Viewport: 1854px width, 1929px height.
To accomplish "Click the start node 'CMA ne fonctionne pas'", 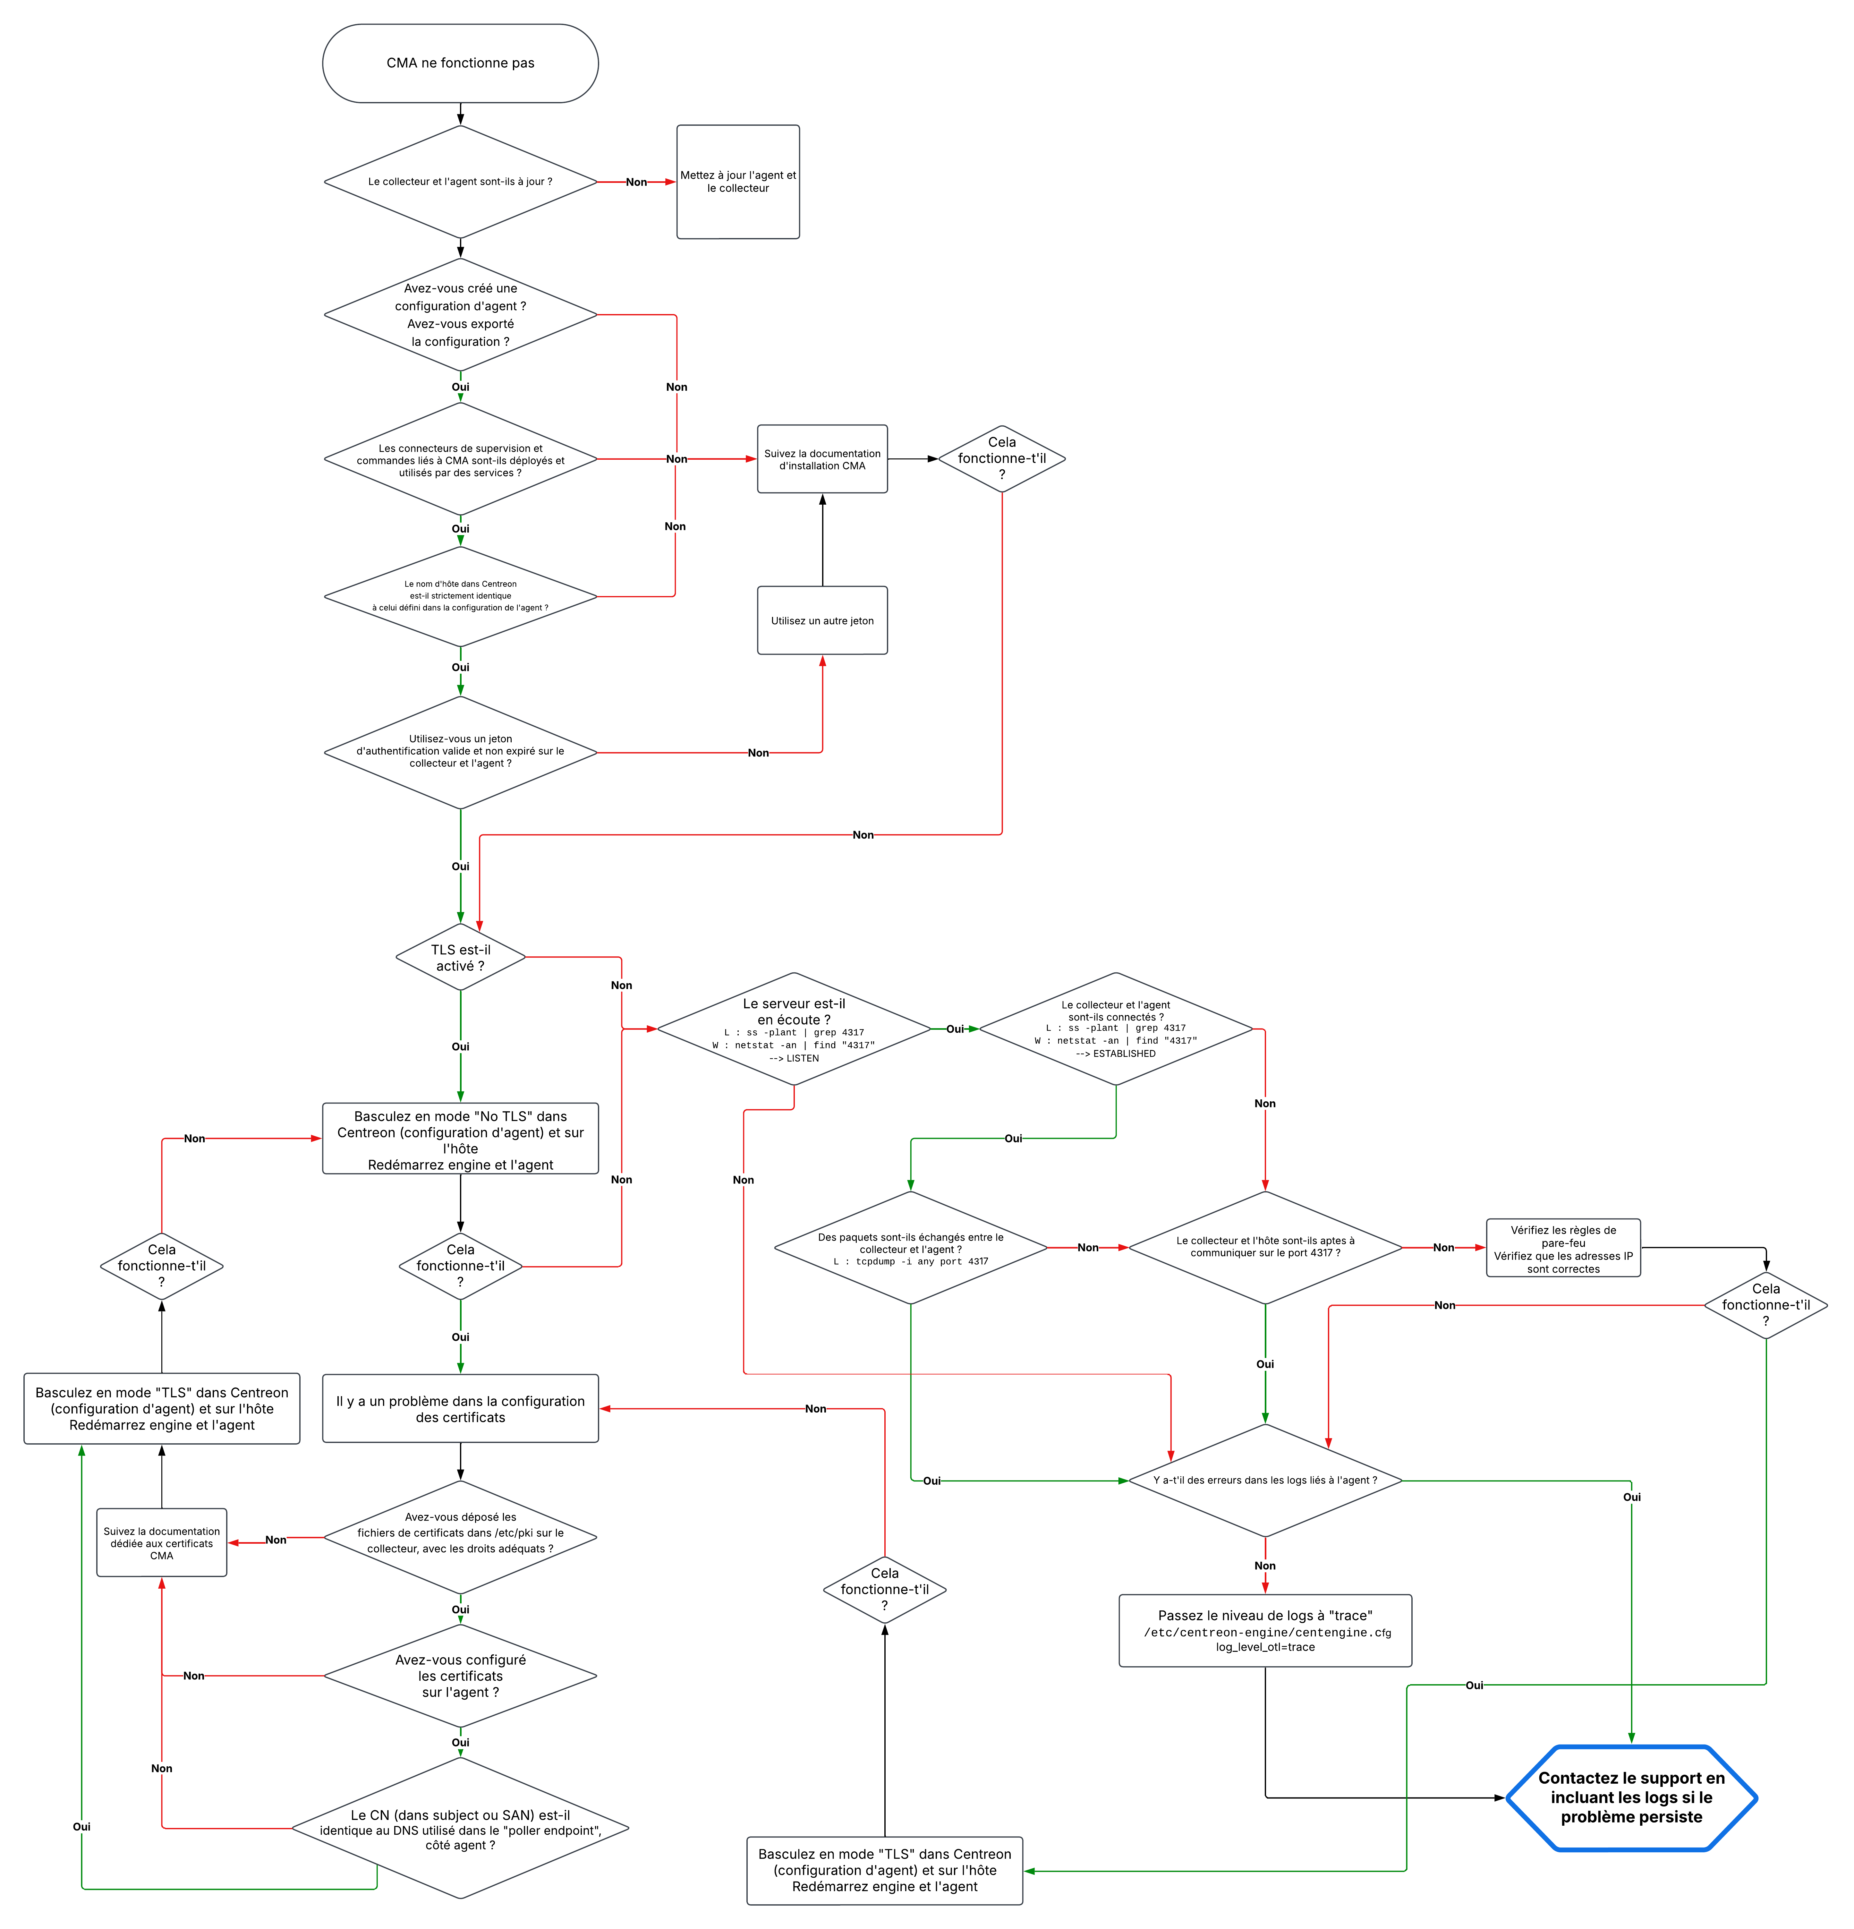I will click(x=460, y=63).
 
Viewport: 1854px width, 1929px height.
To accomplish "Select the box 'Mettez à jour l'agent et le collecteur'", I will click(x=737, y=182).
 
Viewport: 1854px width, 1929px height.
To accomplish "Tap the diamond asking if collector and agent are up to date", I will click(x=460, y=182).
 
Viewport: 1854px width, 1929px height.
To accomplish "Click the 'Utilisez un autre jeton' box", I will click(x=822, y=621).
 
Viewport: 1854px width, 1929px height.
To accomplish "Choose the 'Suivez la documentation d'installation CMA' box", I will click(x=822, y=460).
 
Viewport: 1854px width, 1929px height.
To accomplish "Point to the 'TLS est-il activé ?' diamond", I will click(x=460, y=958).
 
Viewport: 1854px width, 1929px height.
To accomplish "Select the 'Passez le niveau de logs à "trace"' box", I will click(x=1264, y=1631).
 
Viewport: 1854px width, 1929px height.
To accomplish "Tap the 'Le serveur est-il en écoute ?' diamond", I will click(x=793, y=1029).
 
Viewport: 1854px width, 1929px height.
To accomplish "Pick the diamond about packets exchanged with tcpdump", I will click(x=910, y=1248).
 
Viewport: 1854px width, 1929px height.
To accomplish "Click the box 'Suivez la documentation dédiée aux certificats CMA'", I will click(x=161, y=1543).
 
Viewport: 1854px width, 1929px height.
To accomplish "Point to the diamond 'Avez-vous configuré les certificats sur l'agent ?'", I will click(x=460, y=1676).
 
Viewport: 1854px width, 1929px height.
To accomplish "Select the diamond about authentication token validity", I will click(x=460, y=752).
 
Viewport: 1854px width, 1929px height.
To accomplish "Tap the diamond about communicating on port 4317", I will click(x=1264, y=1248).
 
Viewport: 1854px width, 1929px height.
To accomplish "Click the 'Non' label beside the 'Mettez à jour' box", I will click(x=636, y=182).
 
